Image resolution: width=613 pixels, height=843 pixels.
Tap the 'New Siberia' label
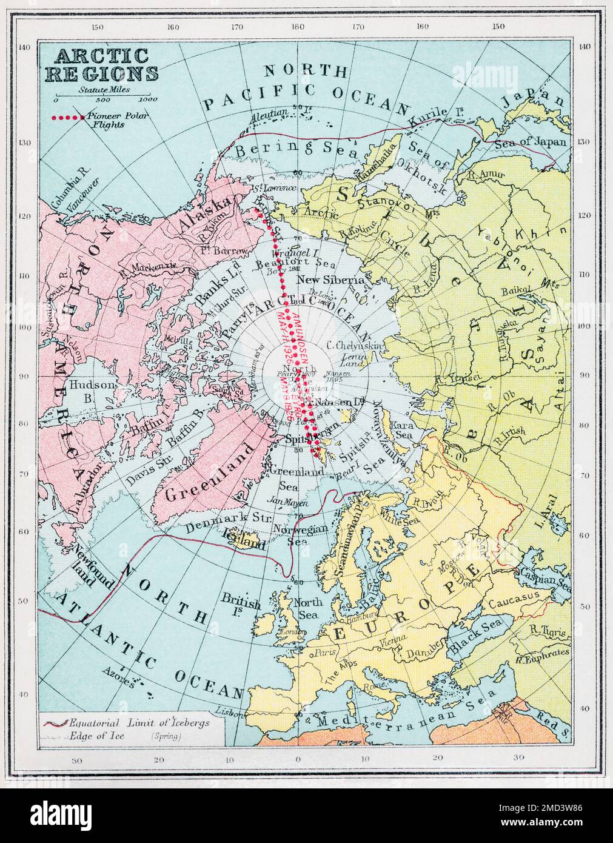330,280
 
